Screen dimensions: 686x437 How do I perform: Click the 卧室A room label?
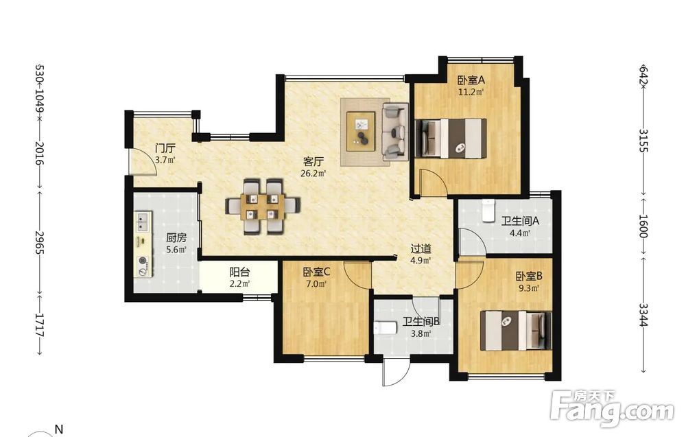tap(471, 80)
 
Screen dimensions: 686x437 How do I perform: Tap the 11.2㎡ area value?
tap(471, 92)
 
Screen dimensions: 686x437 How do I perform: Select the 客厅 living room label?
tap(314, 161)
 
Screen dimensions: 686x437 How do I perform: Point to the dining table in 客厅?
tap(263, 206)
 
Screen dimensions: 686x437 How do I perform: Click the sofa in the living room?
tap(395, 131)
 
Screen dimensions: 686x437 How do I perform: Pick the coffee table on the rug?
tap(361, 131)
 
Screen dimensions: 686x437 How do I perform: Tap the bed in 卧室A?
tap(451, 138)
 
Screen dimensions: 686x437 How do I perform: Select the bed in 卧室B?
tap(516, 331)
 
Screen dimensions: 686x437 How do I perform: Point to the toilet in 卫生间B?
tap(386, 328)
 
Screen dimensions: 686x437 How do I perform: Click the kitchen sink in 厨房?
tap(143, 222)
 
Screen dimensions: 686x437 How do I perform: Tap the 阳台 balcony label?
tap(239, 272)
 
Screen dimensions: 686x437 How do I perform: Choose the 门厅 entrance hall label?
tap(165, 148)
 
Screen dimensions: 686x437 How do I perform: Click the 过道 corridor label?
tap(421, 249)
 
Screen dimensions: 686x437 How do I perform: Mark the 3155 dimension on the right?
tap(643, 140)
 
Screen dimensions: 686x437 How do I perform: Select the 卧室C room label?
tap(317, 272)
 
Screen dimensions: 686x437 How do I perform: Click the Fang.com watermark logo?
tap(612, 408)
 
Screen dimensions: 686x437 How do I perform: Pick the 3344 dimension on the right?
tap(643, 315)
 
